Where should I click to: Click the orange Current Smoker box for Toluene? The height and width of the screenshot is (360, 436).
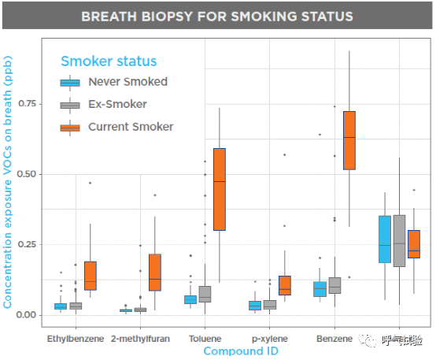220,189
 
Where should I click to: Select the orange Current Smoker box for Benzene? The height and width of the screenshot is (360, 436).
349,140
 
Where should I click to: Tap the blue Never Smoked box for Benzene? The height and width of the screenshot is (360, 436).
320,289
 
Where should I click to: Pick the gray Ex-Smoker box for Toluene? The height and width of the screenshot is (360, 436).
205,294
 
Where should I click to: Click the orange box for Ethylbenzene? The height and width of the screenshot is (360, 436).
91,276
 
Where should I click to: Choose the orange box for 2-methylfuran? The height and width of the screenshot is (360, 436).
155,273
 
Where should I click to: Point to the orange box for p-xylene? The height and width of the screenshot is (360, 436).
284,285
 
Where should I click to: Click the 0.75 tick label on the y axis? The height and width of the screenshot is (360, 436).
28,103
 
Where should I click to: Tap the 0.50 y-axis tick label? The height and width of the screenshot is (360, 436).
27,174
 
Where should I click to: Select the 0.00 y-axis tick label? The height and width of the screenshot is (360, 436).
27,315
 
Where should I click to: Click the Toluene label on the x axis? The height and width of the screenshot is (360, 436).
205,339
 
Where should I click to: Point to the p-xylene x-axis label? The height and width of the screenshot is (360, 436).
270,339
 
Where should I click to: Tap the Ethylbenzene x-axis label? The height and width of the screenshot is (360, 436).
76,339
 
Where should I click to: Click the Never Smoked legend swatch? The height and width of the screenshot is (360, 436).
70,83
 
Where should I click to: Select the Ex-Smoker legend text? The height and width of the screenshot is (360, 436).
117,104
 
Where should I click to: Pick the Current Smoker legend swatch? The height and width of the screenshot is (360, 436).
70,128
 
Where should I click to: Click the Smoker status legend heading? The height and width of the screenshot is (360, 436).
109,61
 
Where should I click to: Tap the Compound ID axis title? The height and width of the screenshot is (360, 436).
241,351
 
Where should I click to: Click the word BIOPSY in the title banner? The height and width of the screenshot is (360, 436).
167,17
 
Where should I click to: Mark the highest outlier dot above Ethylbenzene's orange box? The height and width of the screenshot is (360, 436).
90,183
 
